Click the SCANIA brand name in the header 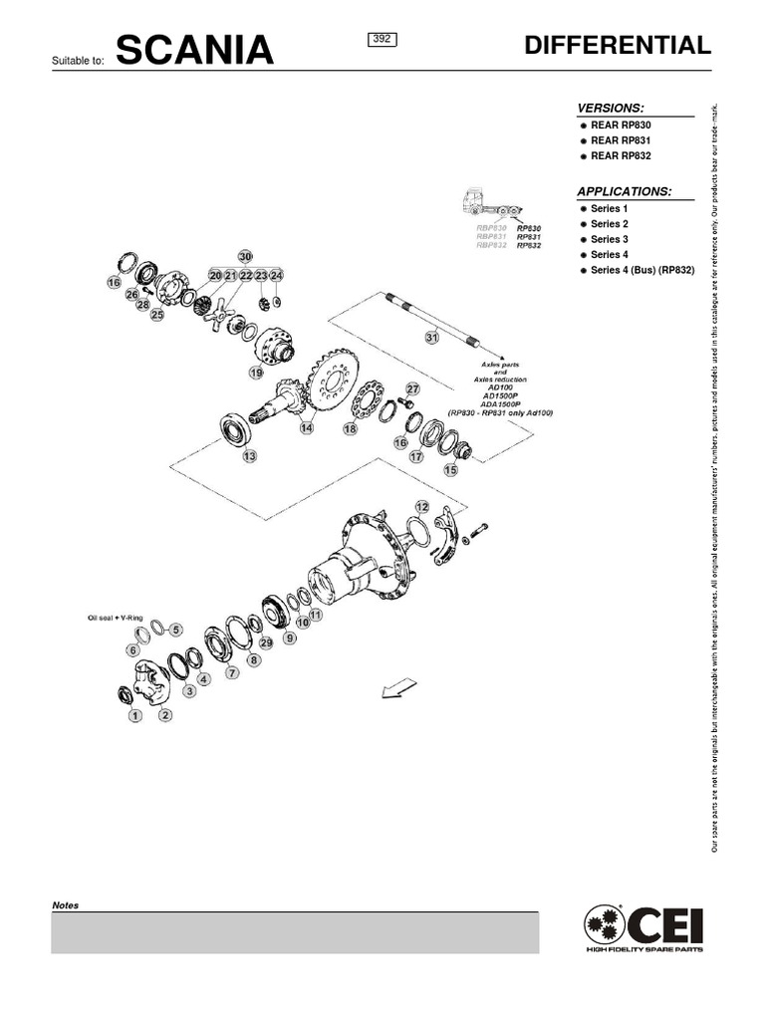[x=194, y=50]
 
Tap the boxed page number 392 [x=383, y=40]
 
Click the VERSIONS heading [x=611, y=108]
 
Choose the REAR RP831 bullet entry [x=620, y=140]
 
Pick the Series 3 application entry [x=609, y=239]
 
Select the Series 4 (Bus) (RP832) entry [x=641, y=270]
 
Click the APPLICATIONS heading [x=625, y=191]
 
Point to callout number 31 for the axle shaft [x=431, y=338]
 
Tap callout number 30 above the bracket [x=246, y=256]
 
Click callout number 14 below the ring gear [x=307, y=427]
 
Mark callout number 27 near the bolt [x=413, y=388]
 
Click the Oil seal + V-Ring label [x=118, y=619]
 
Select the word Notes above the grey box [x=65, y=905]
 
